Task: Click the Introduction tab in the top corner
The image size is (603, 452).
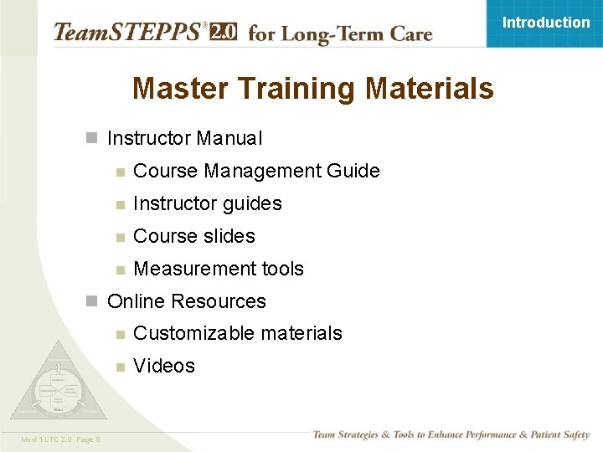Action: coord(545,23)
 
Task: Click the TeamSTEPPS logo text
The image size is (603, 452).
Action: coord(126,33)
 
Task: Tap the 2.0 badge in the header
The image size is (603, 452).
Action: coord(224,32)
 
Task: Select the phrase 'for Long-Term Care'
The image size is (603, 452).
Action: coord(340,34)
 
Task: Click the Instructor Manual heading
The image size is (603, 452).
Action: coord(184,138)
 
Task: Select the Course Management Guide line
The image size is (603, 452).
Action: coord(256,171)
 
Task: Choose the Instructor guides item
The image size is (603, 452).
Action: coord(207,203)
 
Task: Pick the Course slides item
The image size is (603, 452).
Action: coord(193,236)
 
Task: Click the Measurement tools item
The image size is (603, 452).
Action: coord(218,269)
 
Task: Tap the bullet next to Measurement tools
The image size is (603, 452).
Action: coord(121,270)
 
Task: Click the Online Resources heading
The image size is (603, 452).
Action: coord(186,301)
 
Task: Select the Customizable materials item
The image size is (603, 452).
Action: coord(237,333)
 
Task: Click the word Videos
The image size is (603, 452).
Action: coord(163,366)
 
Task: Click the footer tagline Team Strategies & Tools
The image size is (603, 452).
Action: coord(451,434)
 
